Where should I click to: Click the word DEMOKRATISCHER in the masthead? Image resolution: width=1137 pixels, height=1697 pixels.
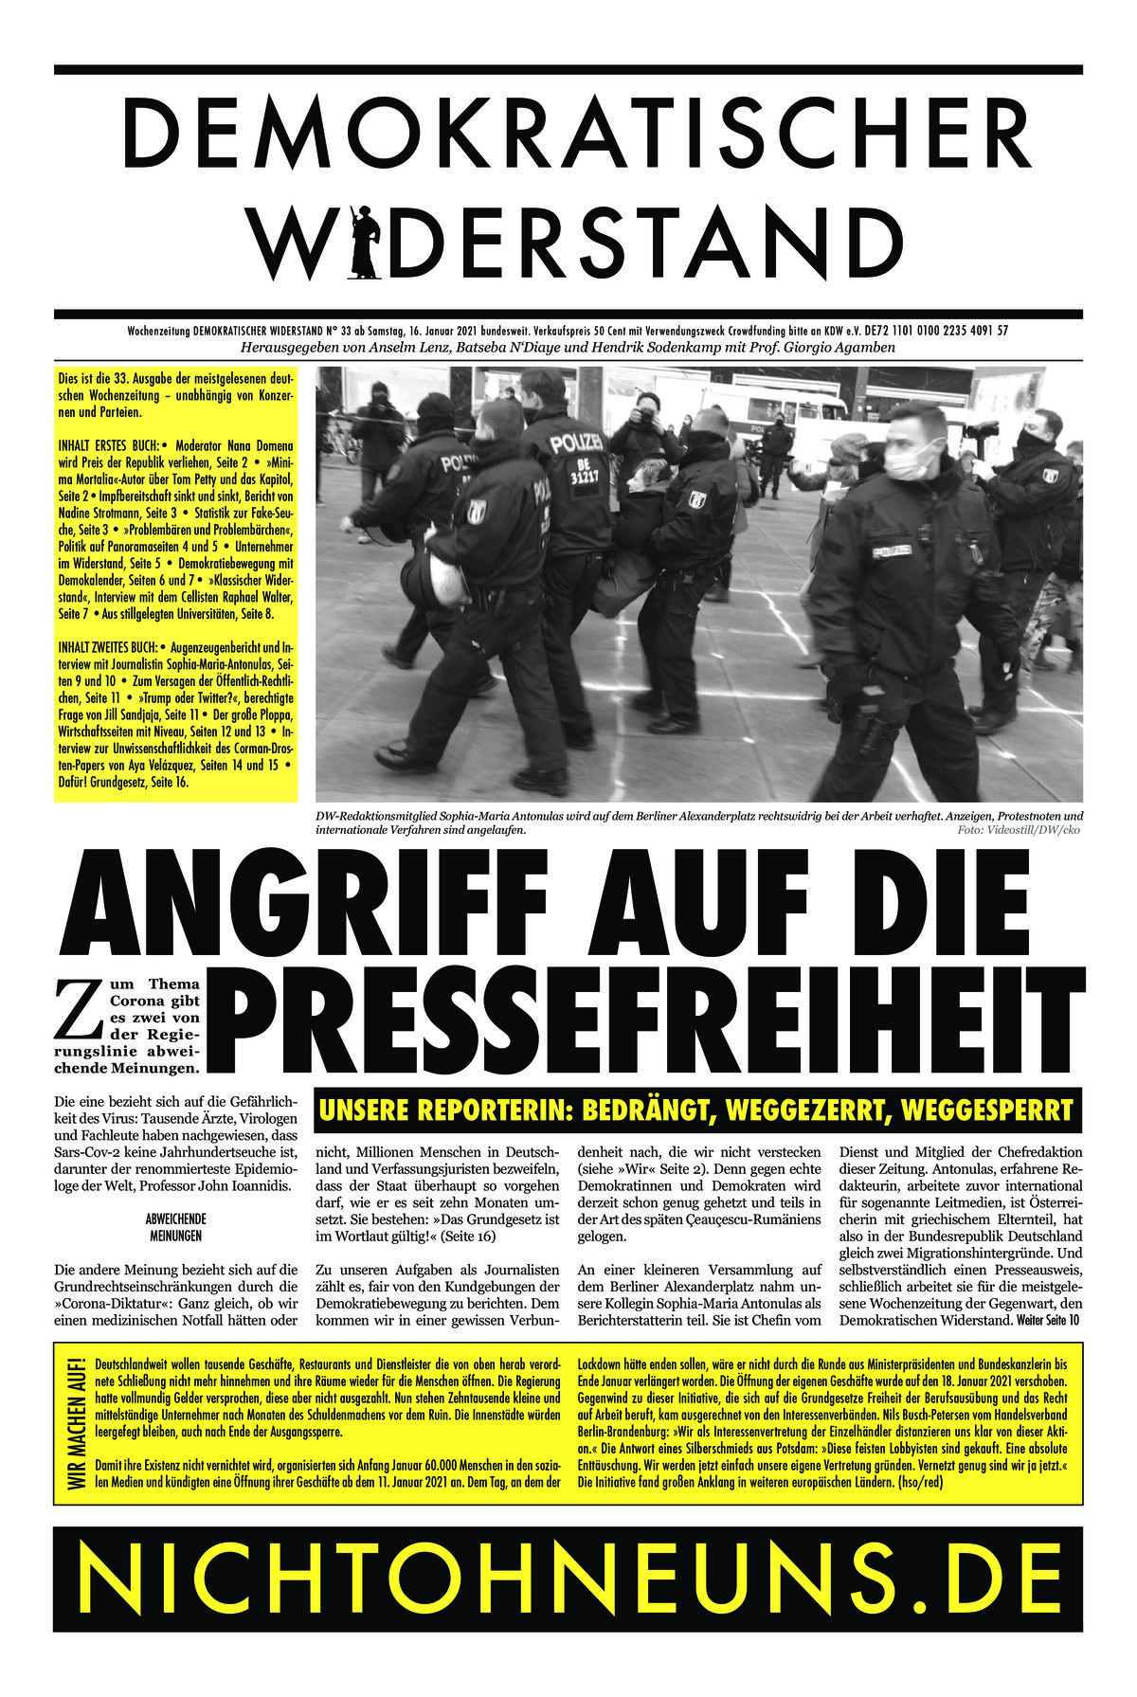pyautogui.click(x=568, y=134)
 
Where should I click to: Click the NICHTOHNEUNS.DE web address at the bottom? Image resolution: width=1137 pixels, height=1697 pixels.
pyautogui.click(x=568, y=1578)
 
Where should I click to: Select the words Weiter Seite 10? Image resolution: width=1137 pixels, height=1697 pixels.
pyautogui.click(x=1047, y=1321)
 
